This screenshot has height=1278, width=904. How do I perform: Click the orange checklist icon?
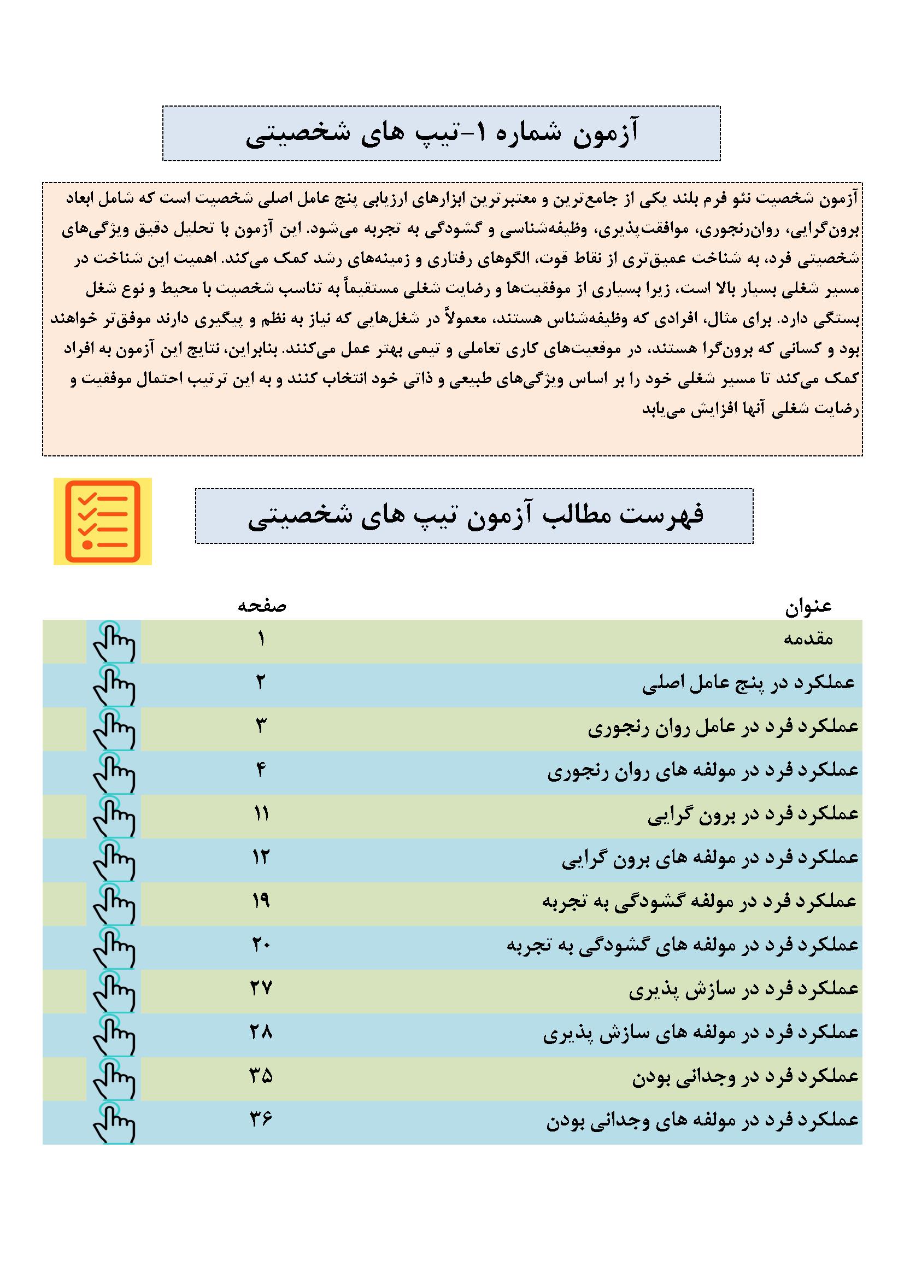(x=102, y=521)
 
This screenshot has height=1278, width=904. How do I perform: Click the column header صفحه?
(x=262, y=606)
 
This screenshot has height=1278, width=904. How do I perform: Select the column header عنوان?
(x=808, y=607)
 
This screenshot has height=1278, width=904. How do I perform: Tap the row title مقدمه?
(x=808, y=639)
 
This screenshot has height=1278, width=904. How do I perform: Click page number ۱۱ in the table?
(x=261, y=814)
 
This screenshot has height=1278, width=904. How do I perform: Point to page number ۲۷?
(x=261, y=988)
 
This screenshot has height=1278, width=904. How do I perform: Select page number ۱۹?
(x=261, y=901)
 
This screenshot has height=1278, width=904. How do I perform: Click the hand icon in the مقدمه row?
(x=114, y=642)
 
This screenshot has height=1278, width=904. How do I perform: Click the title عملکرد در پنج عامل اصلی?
(x=748, y=683)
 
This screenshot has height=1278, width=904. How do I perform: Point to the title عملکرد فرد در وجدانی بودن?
(x=746, y=1076)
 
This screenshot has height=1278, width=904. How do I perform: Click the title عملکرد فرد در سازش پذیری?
(x=744, y=989)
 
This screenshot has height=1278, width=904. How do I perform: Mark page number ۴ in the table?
(x=261, y=770)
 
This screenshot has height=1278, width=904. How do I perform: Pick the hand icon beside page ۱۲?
(x=114, y=860)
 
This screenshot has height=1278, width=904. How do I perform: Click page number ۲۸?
(x=261, y=1032)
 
